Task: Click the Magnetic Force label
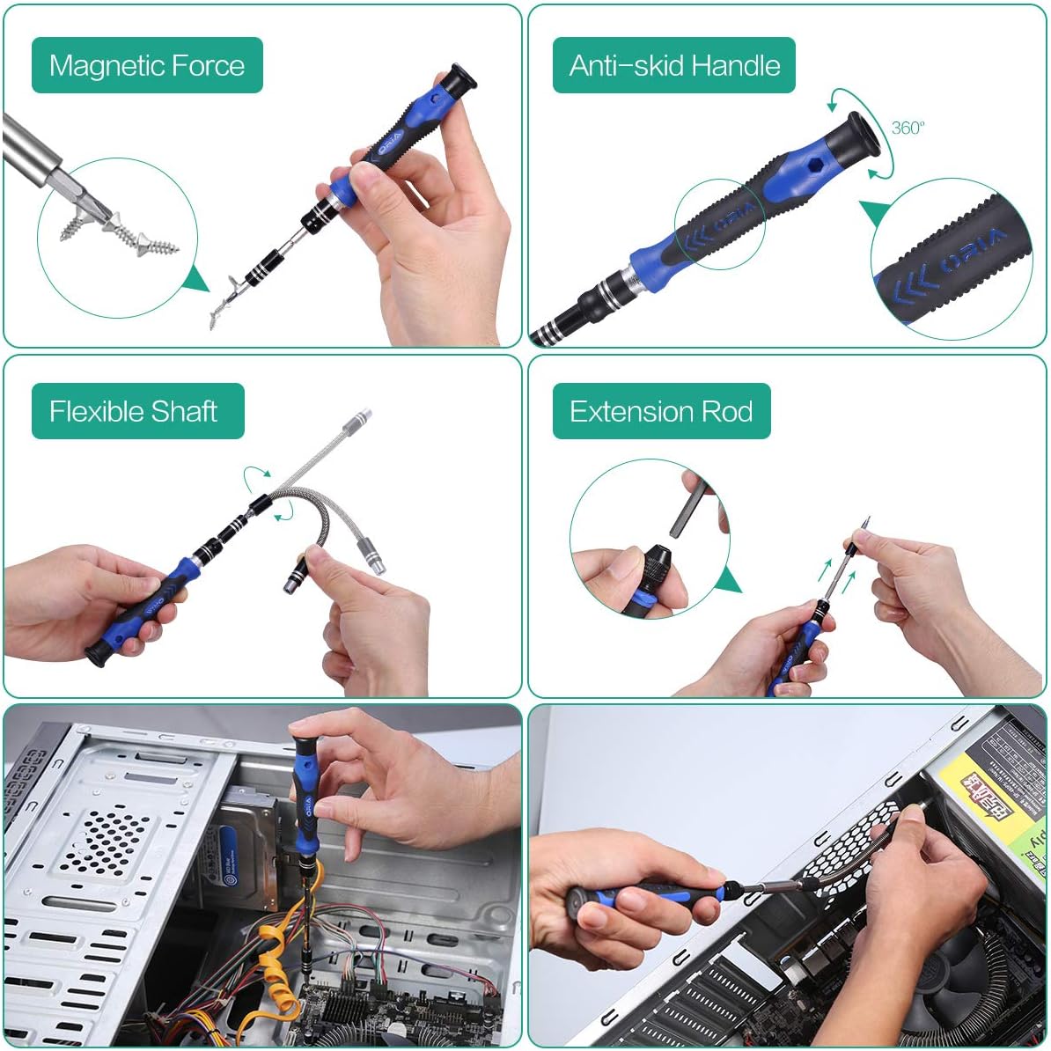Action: pos(147,65)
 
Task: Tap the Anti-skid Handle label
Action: pos(674,65)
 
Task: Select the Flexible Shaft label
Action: pos(134,411)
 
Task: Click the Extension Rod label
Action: pos(661,411)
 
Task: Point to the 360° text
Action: pos(908,128)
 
